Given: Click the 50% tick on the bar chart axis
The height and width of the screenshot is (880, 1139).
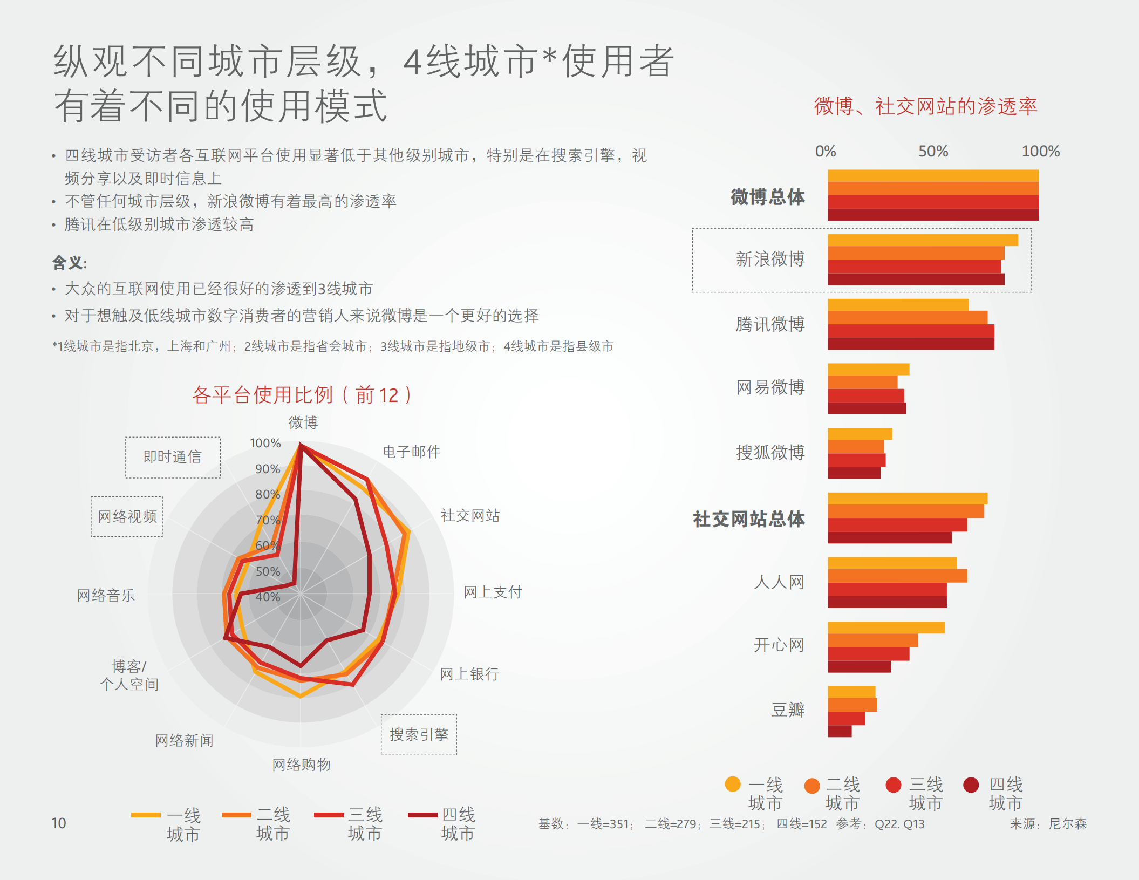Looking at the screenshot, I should coord(933,151).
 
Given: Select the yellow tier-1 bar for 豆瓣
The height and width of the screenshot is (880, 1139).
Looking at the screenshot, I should coord(851,692).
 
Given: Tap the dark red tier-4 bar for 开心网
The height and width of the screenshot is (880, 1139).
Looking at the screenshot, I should coord(858,667).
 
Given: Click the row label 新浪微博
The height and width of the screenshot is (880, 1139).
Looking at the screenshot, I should coord(770,259).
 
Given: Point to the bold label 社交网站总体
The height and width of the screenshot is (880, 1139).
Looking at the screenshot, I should coord(748,519).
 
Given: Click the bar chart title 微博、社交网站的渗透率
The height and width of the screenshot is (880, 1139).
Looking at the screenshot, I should coord(925,106).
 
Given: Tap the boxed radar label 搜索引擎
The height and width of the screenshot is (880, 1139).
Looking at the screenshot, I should coord(419,734).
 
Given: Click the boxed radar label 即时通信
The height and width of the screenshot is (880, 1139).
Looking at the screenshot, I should coord(173,457).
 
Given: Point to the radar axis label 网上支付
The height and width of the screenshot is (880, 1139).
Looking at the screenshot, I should coord(493,592).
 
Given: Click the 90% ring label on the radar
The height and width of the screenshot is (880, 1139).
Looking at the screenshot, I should coord(268,469).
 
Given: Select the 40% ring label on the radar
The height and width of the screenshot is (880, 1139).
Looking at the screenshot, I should coord(268,597).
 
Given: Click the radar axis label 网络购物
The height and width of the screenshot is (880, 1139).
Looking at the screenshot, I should coord(301,764).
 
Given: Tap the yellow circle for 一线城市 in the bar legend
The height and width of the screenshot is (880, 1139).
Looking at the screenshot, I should coord(732,784).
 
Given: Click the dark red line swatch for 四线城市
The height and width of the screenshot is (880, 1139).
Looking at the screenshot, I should coord(422,815).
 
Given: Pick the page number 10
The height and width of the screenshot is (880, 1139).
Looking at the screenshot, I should coord(58,823).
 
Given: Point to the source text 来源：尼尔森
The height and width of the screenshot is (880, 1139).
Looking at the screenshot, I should coord(1048,824).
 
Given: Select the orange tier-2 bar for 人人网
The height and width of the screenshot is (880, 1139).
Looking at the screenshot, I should coord(897,576).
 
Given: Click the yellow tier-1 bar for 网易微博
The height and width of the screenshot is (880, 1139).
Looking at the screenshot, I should coord(868,369).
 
